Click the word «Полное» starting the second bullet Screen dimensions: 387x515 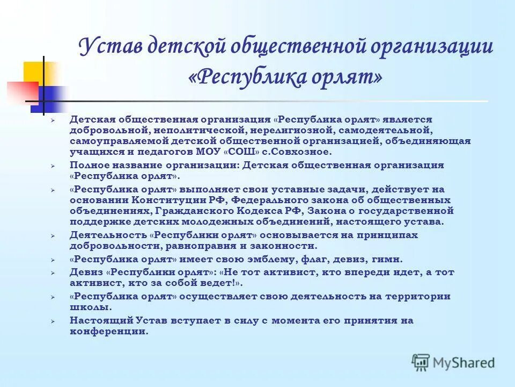coord(87,166)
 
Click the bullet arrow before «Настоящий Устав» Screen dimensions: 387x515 coord(53,321)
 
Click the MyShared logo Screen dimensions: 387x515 coord(454,362)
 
